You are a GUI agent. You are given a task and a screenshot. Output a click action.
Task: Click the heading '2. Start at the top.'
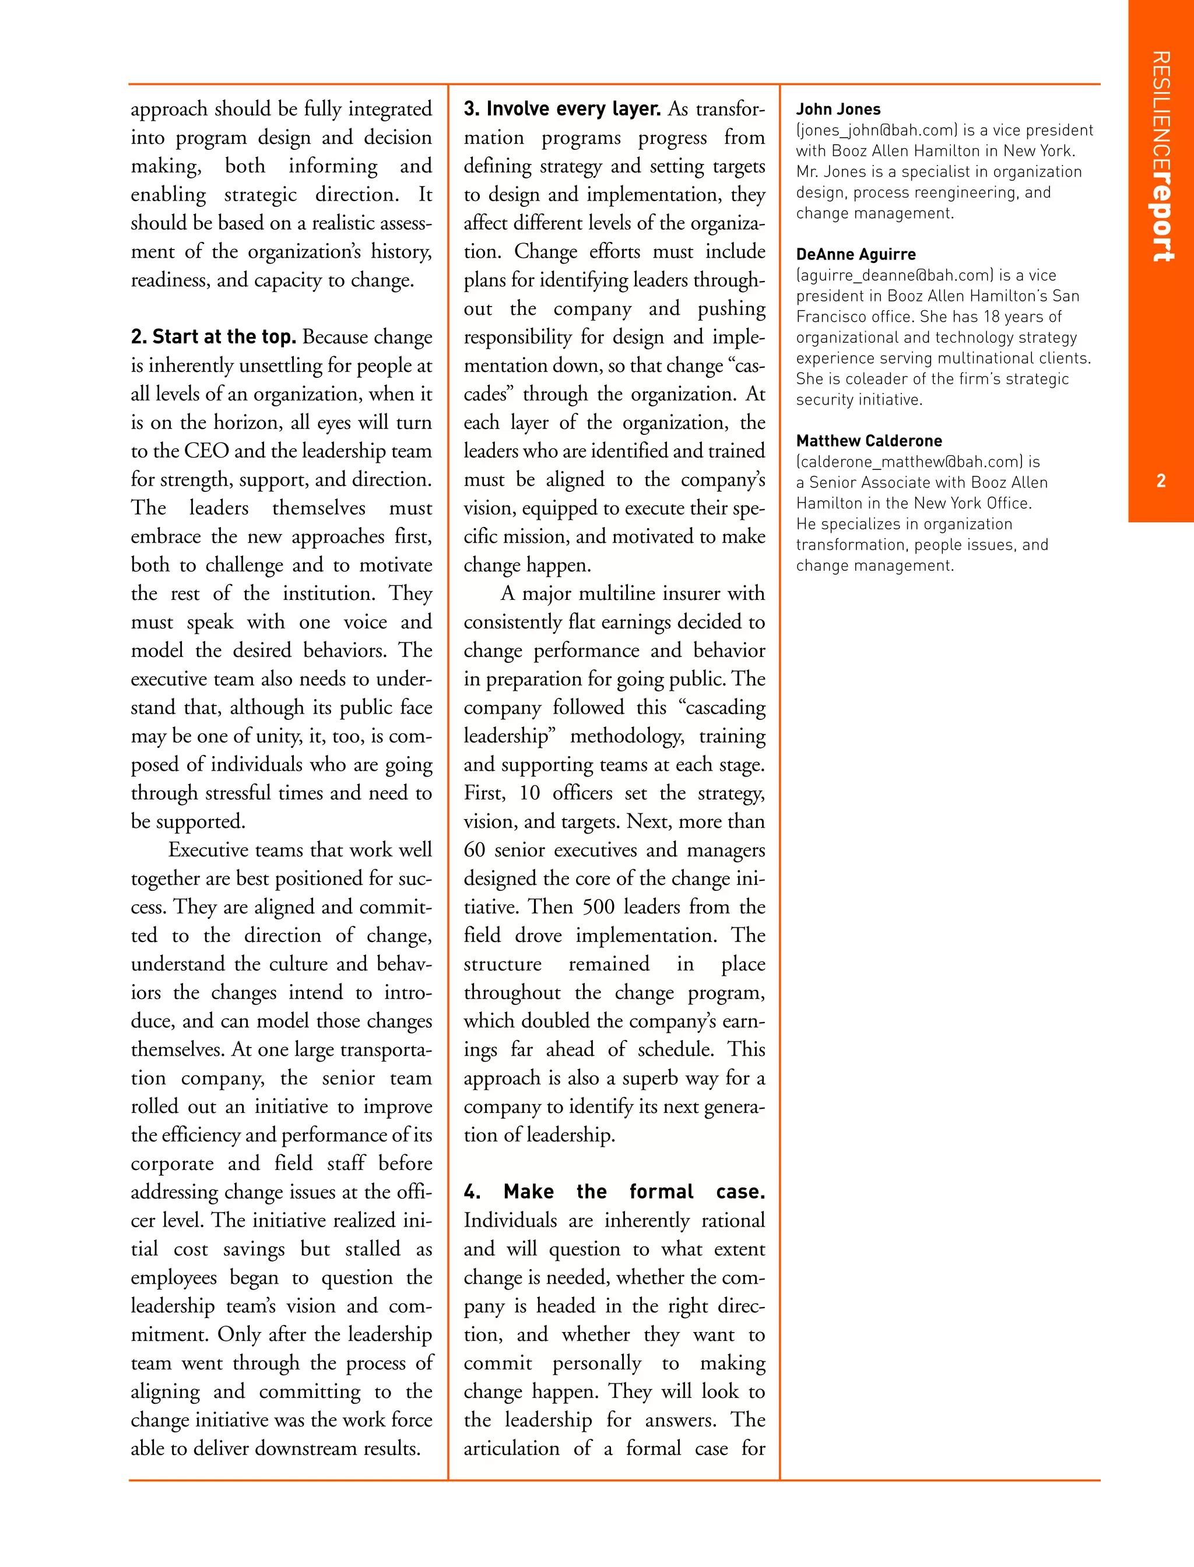213,336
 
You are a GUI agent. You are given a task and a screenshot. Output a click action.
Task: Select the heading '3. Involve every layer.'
562,109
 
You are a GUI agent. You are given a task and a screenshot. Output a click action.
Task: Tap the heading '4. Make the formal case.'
614,1191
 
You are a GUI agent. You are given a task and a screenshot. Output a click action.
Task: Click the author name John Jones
838,110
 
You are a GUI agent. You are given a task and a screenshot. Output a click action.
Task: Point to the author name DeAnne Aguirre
856,254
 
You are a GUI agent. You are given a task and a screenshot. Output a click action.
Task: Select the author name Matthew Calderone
869,441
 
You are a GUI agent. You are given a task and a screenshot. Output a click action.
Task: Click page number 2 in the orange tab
1161,481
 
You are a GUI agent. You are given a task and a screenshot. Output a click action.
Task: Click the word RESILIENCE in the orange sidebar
1161,114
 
